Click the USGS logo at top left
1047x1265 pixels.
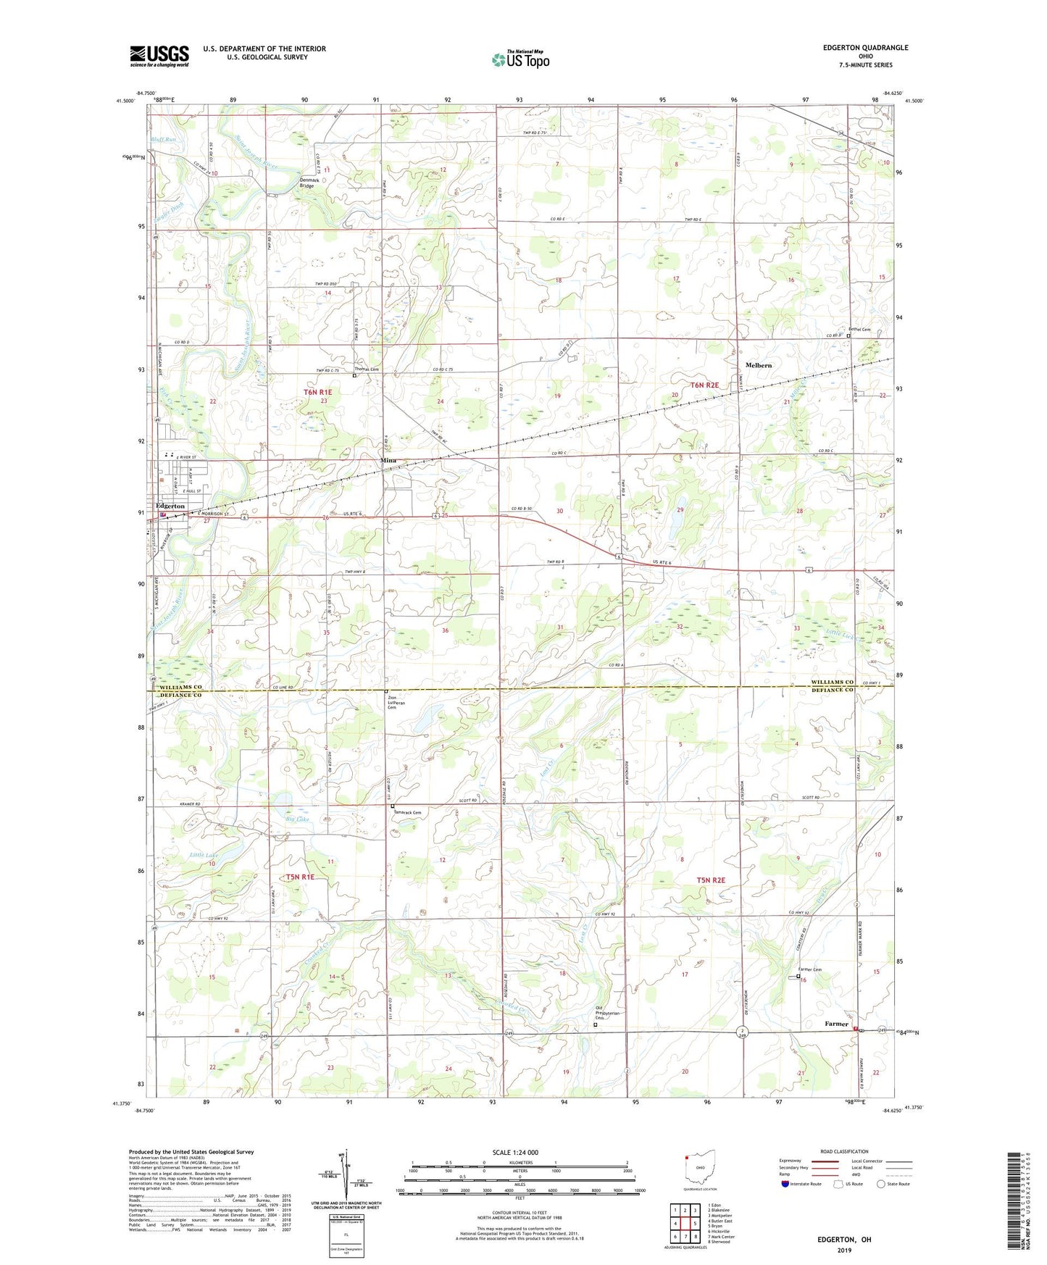click(159, 56)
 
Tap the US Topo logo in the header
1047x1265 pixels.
click(521, 59)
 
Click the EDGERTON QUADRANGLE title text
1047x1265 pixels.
click(865, 48)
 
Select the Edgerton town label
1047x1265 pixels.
click(170, 506)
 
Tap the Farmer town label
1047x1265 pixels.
click(836, 1024)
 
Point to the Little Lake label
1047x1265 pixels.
click(204, 856)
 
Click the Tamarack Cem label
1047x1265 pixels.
click(407, 812)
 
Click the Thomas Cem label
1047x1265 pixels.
click(367, 370)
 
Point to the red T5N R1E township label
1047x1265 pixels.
click(300, 877)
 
